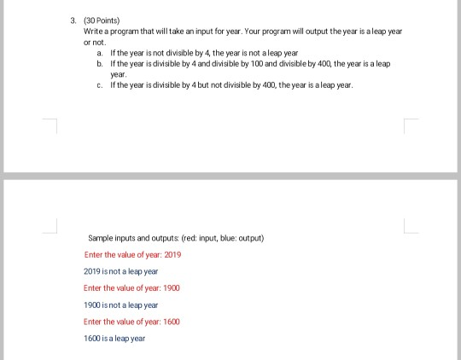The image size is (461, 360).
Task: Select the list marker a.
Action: [x=100, y=53]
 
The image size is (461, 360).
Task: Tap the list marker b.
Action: [x=100, y=64]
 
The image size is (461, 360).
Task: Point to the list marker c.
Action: [x=100, y=85]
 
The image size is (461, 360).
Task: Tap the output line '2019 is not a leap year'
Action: [x=120, y=271]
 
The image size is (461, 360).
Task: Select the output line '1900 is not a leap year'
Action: [x=120, y=305]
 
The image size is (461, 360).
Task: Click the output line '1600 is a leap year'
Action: [x=114, y=339]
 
